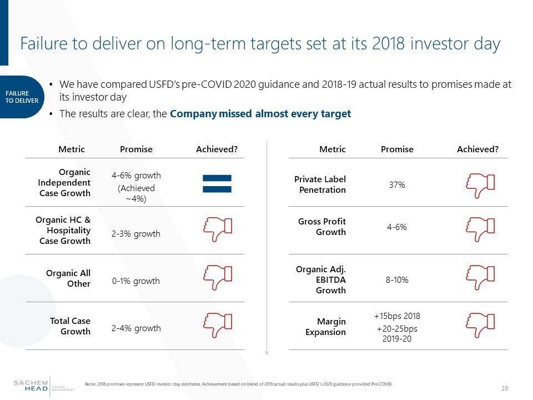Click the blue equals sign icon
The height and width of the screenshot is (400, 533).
[x=217, y=184]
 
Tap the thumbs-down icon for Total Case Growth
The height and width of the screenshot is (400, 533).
[x=217, y=323]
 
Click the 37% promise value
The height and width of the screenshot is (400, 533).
[x=396, y=184]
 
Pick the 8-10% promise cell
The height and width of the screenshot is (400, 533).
[x=397, y=280]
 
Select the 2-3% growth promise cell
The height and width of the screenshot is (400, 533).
[x=136, y=233]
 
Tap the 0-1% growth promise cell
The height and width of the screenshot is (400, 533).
[x=136, y=281]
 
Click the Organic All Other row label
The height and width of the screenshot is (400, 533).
[x=68, y=278]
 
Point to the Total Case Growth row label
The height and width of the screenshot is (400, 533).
[x=70, y=326]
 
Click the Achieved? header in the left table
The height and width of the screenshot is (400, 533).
[x=217, y=149]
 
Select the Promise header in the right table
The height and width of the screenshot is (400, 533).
[x=397, y=149]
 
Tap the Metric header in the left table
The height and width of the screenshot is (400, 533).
[x=72, y=149]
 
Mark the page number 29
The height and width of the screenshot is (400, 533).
[x=505, y=387]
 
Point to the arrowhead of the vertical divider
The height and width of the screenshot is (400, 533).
[x=267, y=352]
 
